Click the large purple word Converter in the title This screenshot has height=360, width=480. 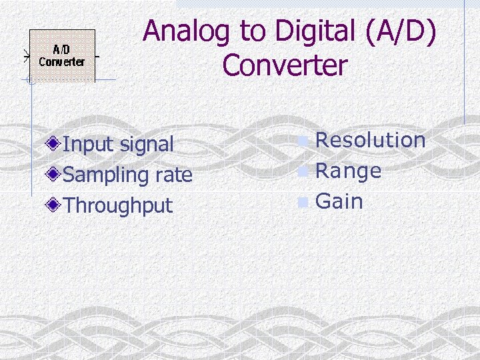[x=285, y=66]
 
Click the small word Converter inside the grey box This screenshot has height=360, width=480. [x=62, y=62]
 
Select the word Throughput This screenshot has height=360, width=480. [x=117, y=206]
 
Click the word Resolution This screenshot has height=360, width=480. [x=370, y=140]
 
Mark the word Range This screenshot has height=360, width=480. [x=348, y=171]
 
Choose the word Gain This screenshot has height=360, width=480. [x=339, y=201]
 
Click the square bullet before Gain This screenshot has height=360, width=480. [x=304, y=203]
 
